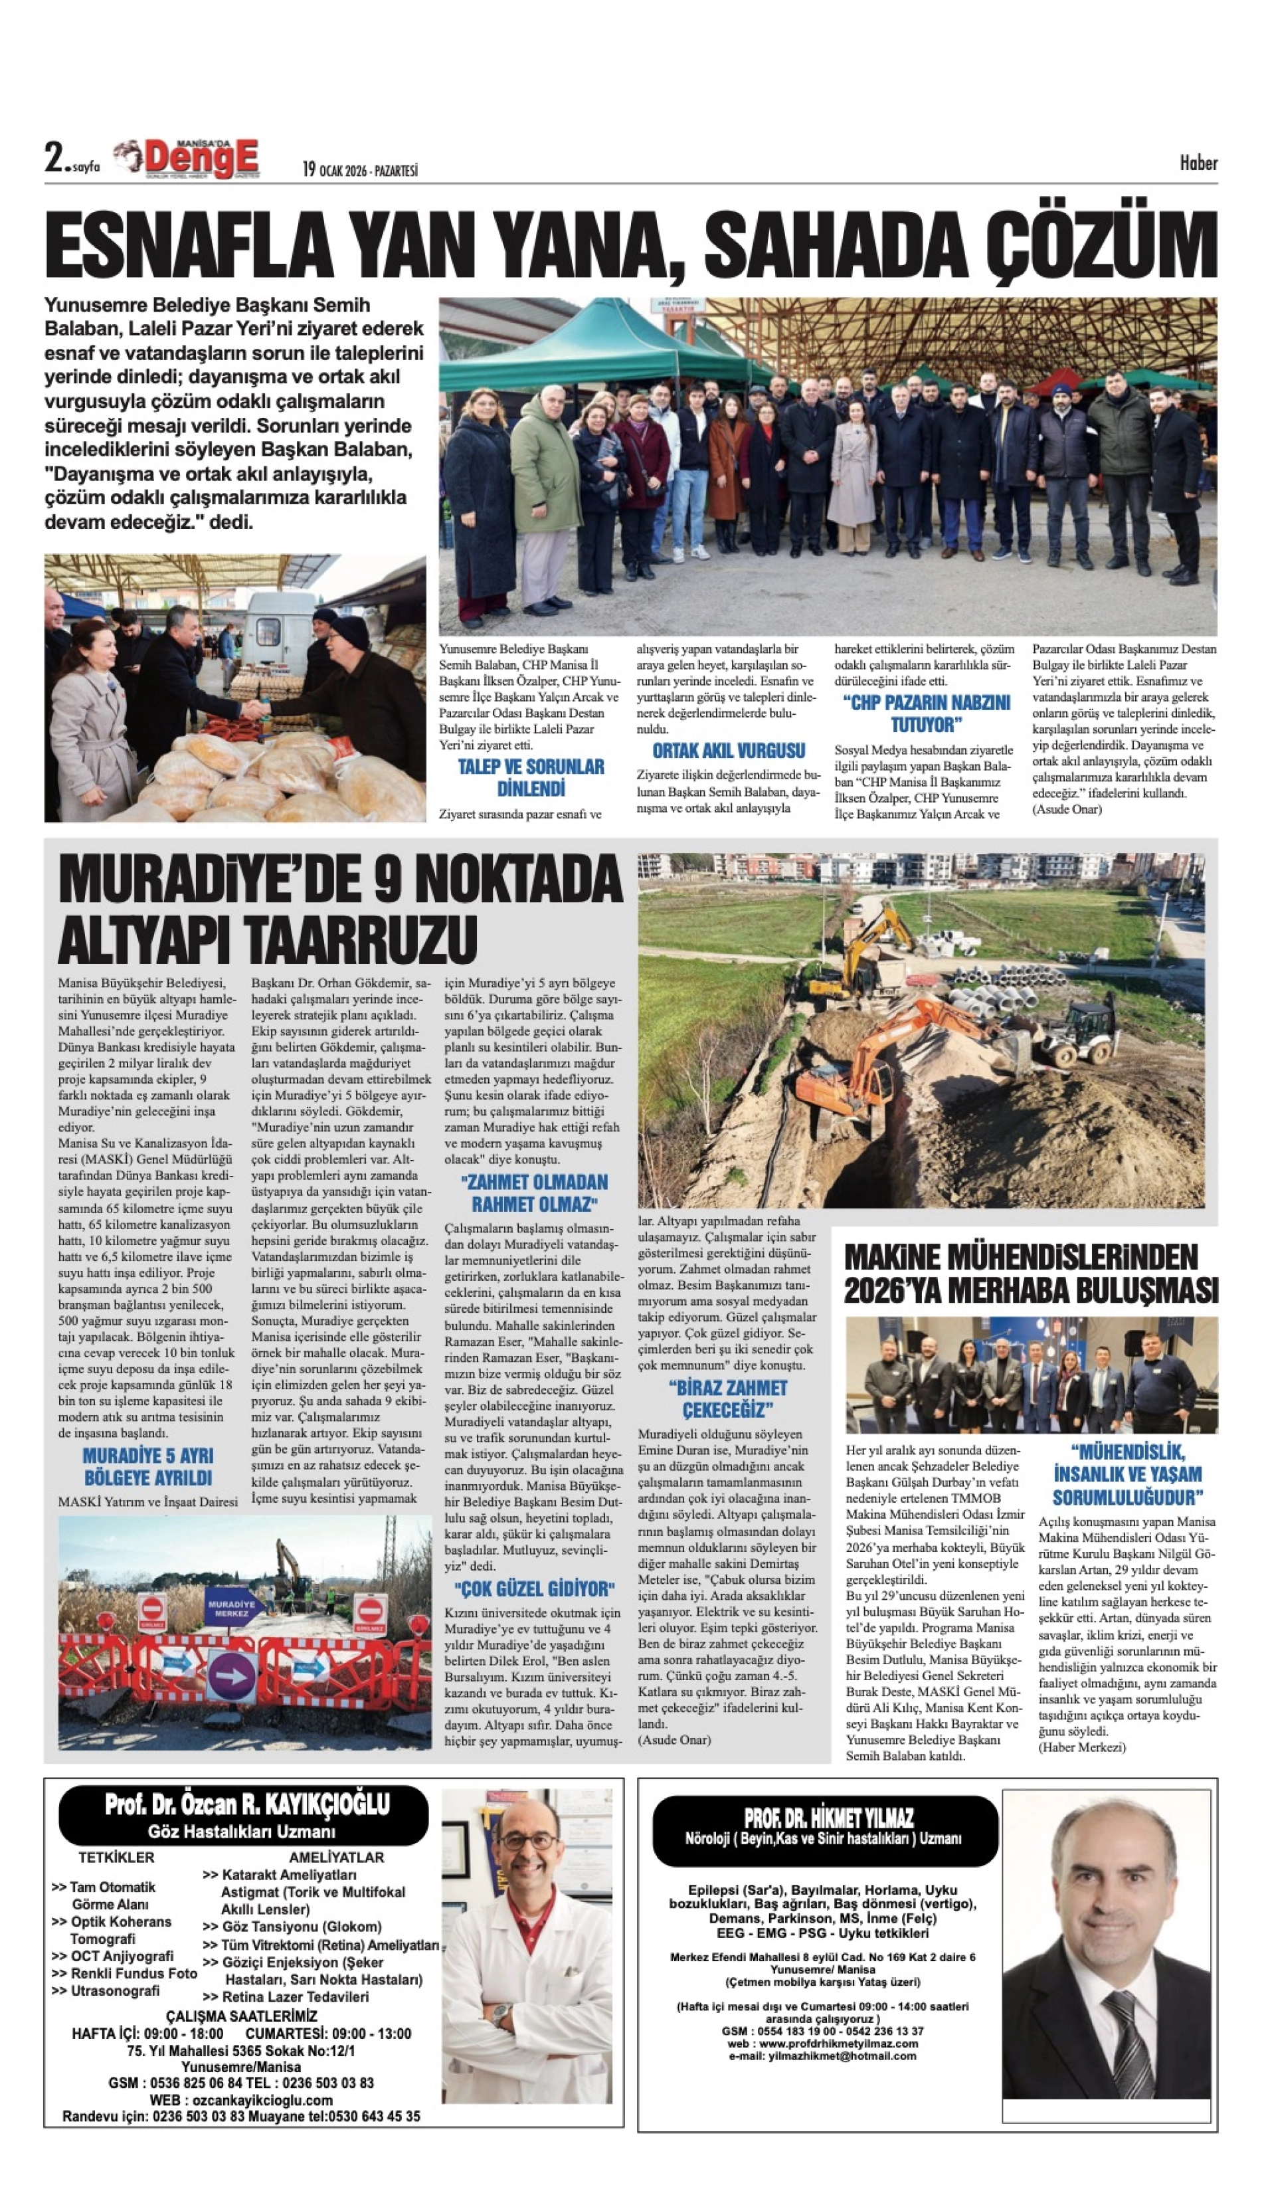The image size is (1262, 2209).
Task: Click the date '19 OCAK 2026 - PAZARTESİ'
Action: tap(360, 170)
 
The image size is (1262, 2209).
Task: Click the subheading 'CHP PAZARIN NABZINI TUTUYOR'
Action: tap(926, 714)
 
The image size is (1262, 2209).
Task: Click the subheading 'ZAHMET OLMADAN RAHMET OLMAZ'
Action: tap(534, 1193)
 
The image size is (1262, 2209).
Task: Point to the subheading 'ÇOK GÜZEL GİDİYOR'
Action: tap(534, 1588)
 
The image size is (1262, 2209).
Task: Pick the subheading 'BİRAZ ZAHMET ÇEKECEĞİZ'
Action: tap(727, 1398)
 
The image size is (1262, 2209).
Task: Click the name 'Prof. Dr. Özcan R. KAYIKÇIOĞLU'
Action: tap(247, 1806)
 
